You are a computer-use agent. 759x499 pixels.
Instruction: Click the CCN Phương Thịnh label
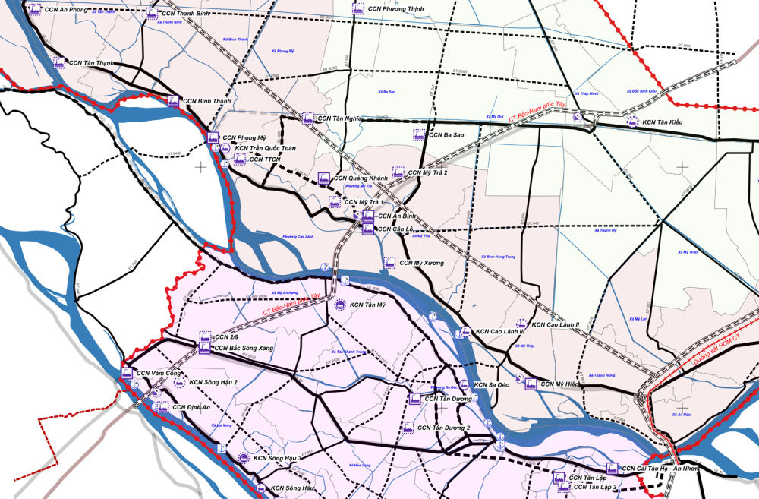[395, 9]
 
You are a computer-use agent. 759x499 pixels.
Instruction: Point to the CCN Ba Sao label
[446, 134]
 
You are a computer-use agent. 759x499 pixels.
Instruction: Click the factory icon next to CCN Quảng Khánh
[323, 178]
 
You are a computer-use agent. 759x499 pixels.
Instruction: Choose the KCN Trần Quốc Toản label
[265, 148]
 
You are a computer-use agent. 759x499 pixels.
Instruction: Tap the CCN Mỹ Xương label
[423, 263]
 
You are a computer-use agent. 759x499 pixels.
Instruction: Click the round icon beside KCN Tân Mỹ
[341, 305]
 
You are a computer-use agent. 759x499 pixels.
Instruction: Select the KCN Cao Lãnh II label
[556, 324]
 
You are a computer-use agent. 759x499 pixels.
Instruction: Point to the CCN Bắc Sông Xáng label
[244, 348]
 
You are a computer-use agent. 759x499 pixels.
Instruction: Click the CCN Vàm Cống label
[160, 373]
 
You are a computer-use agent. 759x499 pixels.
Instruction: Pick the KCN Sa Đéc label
[492, 385]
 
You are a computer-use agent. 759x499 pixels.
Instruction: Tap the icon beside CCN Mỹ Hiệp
[531, 384]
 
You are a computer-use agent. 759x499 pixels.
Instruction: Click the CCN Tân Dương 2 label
[444, 428]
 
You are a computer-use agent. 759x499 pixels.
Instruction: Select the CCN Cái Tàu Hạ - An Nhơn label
[660, 469]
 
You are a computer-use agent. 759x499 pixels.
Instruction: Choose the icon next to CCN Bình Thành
[173, 101]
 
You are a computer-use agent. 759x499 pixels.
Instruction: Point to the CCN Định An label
[191, 407]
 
